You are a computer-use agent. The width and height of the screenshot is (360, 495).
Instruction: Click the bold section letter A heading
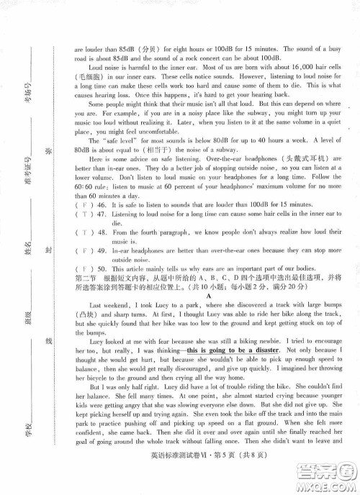point(208,317)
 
